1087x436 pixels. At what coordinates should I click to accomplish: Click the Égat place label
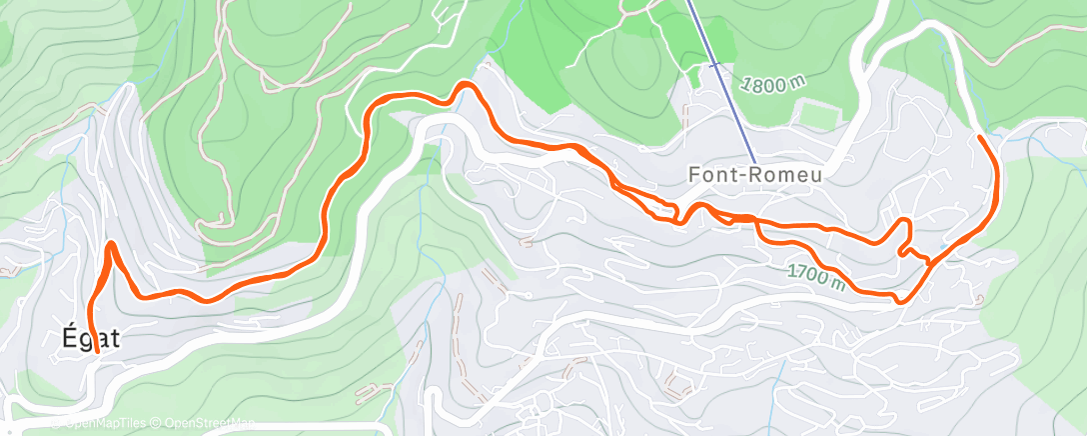[x=90, y=339]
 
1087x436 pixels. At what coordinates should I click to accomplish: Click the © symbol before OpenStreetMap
[x=156, y=424]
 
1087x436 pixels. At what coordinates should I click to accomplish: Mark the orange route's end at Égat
[x=97, y=351]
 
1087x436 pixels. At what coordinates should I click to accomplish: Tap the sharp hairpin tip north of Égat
[x=110, y=244]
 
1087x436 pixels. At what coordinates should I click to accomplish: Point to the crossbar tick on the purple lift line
[x=712, y=65]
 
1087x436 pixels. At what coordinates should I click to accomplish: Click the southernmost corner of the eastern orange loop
[x=899, y=300]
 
